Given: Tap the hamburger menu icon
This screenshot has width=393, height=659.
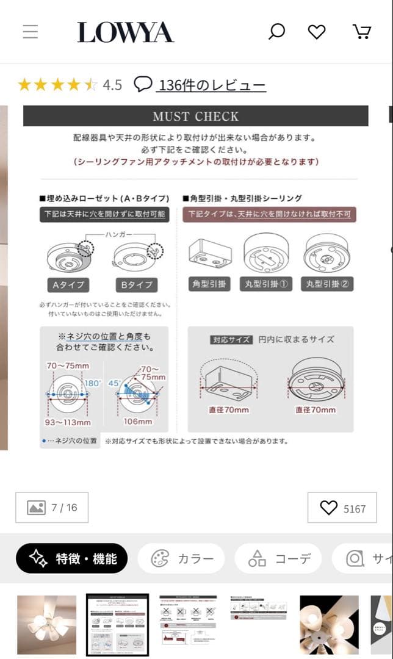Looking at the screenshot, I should [31, 32].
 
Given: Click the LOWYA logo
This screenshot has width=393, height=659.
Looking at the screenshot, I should [125, 32].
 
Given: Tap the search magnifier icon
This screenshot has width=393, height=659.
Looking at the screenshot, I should [276, 32].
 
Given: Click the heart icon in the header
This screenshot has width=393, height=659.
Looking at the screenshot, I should [316, 32].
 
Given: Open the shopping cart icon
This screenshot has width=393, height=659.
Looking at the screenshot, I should [362, 32].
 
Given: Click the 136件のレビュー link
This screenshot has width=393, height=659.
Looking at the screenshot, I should [211, 85].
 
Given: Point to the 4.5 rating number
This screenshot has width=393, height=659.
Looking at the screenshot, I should [112, 85].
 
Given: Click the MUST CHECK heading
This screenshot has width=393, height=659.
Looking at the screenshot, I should [195, 116].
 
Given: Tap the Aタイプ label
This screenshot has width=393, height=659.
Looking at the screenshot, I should [68, 284].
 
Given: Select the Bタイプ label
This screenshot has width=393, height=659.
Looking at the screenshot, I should [135, 284].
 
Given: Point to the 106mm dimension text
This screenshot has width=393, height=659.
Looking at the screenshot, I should [138, 422].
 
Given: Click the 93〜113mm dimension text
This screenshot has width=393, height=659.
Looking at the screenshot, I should [69, 422].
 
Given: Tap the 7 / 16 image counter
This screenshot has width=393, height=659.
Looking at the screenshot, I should [52, 508].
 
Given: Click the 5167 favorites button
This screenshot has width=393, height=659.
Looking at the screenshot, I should [342, 508].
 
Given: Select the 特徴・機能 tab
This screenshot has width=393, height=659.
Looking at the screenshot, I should [72, 558].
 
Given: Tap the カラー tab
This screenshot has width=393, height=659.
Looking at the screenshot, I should [181, 558].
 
